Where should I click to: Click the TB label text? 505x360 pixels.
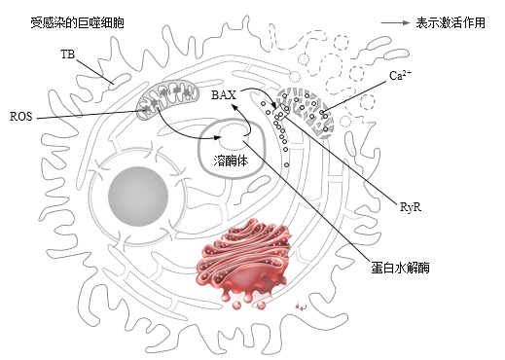(x=68, y=54)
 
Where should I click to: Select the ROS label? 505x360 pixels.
(x=21, y=117)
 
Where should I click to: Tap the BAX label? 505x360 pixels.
(x=224, y=95)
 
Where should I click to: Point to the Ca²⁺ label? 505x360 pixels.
(x=400, y=75)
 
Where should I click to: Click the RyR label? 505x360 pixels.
(x=411, y=207)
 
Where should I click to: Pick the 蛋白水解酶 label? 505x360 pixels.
(x=400, y=268)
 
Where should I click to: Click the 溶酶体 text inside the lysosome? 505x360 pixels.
(x=231, y=161)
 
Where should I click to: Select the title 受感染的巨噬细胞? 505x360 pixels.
(x=77, y=23)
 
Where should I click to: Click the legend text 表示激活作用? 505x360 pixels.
(x=451, y=23)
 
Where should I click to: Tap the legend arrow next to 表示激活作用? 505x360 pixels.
(x=395, y=22)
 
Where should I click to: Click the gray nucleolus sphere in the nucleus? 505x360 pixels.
(x=138, y=197)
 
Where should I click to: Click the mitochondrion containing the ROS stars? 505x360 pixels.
(x=167, y=98)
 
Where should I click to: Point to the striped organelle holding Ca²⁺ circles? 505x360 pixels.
(x=305, y=112)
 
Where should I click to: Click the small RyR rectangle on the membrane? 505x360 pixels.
(x=281, y=112)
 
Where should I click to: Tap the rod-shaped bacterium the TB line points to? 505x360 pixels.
(x=120, y=82)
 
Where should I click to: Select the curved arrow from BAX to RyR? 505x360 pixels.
(x=264, y=91)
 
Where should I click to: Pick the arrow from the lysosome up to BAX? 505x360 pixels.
(x=245, y=118)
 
